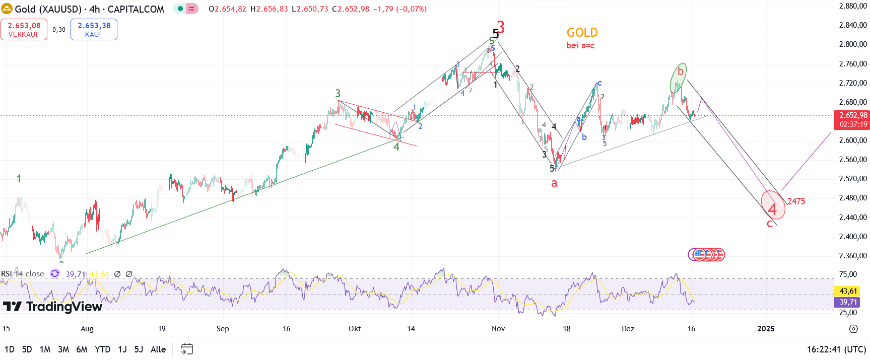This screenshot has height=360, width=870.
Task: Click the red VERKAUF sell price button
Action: point(24,29)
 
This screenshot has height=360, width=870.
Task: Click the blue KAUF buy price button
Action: point(94,29)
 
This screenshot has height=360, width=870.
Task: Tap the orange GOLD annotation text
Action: point(582,33)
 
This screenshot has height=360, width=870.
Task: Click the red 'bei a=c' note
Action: point(580,46)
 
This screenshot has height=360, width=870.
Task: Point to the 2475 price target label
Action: point(796,201)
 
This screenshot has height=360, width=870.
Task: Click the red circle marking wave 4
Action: point(773,205)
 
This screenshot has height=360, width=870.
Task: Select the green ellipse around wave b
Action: point(678,78)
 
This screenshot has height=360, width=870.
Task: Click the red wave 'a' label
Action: point(554,183)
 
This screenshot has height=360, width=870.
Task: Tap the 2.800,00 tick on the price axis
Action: point(853,44)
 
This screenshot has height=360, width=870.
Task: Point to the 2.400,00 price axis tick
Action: point(853,237)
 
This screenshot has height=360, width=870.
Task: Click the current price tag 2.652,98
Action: point(853,120)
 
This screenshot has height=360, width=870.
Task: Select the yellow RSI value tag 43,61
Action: point(848,291)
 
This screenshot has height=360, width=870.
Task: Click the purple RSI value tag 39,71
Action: point(848,302)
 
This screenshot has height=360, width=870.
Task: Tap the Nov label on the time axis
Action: point(498,329)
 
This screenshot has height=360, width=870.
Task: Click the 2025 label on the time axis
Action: point(766,329)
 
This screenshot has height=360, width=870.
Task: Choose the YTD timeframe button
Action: point(102,349)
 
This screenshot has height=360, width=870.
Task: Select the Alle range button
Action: point(158,349)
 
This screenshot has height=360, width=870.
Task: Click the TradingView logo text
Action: point(53,307)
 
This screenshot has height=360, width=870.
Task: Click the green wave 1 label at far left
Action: point(19,179)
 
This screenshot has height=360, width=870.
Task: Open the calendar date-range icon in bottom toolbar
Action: point(187,349)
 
